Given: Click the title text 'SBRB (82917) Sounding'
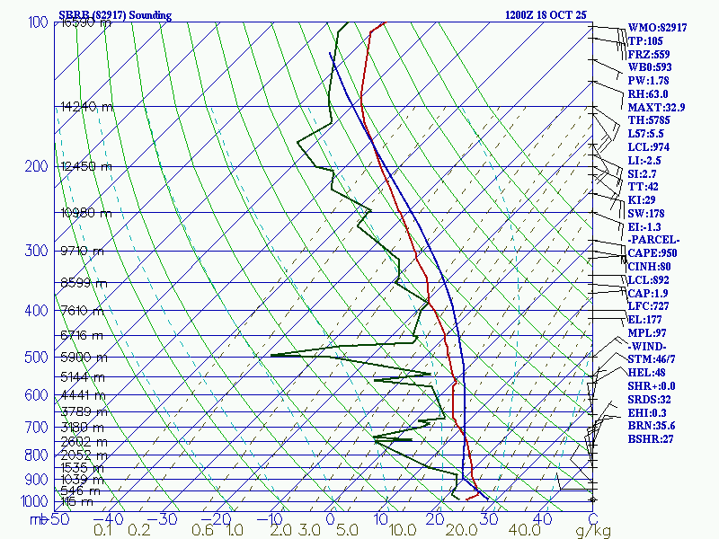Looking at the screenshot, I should pyautogui.click(x=114, y=15).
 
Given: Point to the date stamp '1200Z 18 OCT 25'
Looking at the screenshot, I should pyautogui.click(x=546, y=15).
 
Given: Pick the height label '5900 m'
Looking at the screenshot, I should pyautogui.click(x=82, y=358).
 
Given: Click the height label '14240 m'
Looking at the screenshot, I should pyautogui.click(x=86, y=107).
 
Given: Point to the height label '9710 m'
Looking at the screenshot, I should pyautogui.click(x=82, y=251).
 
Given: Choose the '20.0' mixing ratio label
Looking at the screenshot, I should pyautogui.click(x=460, y=530).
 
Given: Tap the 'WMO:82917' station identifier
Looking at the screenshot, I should pyautogui.click(x=657, y=28).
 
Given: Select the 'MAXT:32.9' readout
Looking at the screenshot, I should pyautogui.click(x=656, y=107).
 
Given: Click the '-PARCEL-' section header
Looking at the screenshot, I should pyautogui.click(x=654, y=240).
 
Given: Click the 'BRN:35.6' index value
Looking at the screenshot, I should pyautogui.click(x=652, y=426).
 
